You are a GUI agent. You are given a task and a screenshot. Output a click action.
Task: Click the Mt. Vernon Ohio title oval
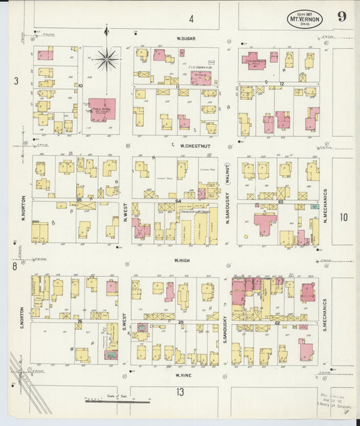pos(305,18)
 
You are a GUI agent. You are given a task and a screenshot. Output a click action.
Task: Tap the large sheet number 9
pos(342,17)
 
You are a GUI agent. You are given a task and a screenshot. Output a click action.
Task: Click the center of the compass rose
pos(106,60)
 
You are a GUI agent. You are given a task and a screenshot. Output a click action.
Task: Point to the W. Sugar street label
pos(186,39)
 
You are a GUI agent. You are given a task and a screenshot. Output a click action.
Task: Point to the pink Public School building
pos(103,109)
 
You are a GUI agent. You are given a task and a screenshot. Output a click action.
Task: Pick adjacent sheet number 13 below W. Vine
pos(180,392)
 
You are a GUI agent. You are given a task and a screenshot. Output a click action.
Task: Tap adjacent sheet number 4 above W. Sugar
pos(191,18)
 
